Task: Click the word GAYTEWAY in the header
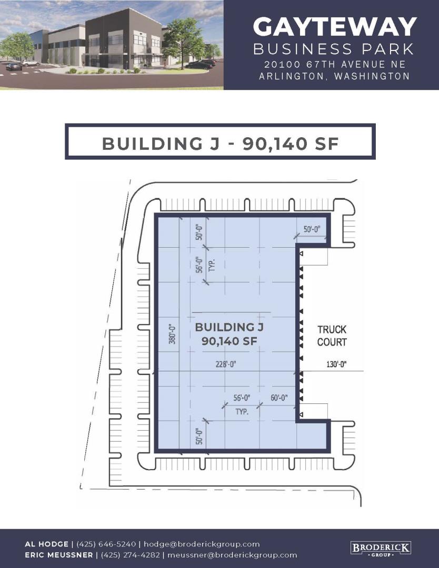pos(335,27)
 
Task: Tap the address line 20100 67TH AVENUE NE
pos(335,65)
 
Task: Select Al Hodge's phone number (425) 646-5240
pos(106,544)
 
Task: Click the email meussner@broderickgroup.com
pos(232,555)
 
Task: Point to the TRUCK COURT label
pos(332,336)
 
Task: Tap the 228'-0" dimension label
pos(226,364)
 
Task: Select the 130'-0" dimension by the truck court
pos(336,364)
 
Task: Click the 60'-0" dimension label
pos(279,398)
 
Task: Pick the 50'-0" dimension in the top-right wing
pos(312,230)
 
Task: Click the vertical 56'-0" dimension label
pos(198,265)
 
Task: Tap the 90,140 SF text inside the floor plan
pos(229,341)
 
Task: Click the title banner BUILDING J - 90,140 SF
pos(220,141)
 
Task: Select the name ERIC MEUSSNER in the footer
pos(59,555)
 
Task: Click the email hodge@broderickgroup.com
pos(202,544)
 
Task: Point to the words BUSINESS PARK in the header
pos(334,49)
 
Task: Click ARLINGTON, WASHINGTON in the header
pos(334,76)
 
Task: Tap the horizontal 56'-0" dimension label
pos(242,398)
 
